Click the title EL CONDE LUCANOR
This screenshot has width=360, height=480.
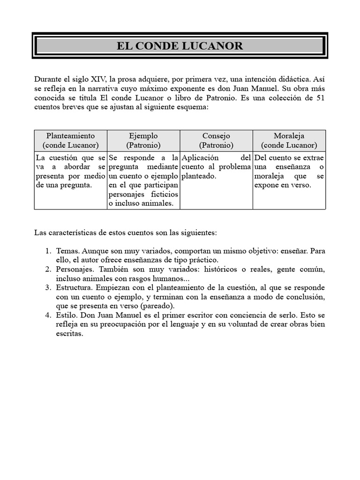click(x=180, y=45)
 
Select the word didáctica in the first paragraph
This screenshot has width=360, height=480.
click(x=279, y=79)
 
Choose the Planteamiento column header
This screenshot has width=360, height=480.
click(x=70, y=135)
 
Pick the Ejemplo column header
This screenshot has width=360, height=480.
click(x=143, y=135)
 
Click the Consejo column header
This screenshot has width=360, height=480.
click(x=216, y=135)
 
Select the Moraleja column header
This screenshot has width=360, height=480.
click(x=289, y=135)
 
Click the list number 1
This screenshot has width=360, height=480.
click(x=48, y=251)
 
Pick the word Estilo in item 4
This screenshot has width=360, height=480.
click(x=67, y=315)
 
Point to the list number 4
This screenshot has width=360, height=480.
click(x=48, y=315)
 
